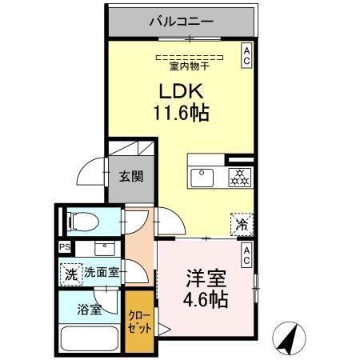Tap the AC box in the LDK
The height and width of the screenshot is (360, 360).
(246, 55)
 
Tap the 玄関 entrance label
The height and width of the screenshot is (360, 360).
(132, 177)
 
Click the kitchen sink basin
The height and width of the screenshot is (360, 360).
(201, 176)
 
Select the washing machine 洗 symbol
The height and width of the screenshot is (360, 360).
(71, 273)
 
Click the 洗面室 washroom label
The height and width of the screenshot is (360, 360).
(102, 273)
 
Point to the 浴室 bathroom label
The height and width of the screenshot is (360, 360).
(90, 310)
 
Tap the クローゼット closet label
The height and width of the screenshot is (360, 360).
(139, 323)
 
